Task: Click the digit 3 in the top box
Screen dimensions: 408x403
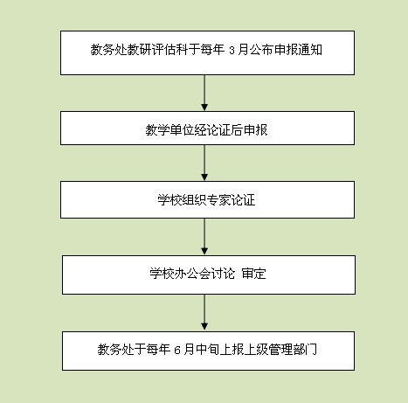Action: [232, 51]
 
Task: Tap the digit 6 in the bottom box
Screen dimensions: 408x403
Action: [177, 350]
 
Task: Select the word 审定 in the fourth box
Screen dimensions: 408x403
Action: [253, 274]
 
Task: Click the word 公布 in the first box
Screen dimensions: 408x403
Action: [261, 50]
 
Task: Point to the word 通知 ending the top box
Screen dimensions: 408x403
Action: [310, 50]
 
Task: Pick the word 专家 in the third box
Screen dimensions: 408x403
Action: [218, 200]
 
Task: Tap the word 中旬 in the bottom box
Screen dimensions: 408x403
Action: [208, 349]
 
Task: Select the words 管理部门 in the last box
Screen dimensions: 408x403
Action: [293, 349]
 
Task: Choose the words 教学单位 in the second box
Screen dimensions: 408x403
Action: [169, 130]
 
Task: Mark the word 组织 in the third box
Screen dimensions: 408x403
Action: [194, 200]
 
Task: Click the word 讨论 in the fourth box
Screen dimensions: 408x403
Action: [223, 274]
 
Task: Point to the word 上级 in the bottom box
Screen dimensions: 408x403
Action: [256, 349]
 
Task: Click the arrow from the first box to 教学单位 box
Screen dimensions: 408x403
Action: [204, 93]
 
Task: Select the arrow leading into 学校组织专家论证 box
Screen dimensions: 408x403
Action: [204, 163]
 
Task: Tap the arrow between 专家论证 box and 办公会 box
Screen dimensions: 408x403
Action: [204, 237]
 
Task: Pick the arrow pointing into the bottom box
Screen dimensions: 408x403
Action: [204, 312]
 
